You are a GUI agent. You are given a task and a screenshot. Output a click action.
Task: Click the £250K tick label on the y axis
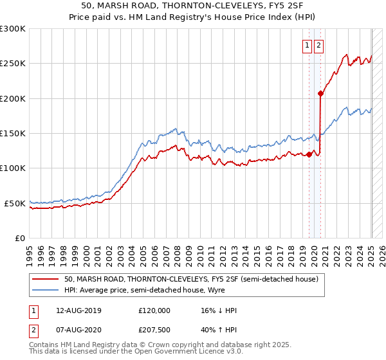click(13, 64)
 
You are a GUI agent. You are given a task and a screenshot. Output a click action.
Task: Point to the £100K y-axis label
click(13, 168)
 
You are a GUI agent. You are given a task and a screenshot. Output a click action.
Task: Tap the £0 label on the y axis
click(20, 238)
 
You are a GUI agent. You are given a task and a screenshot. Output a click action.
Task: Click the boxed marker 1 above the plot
click(308, 45)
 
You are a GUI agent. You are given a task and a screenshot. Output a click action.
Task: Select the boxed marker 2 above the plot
click(319, 45)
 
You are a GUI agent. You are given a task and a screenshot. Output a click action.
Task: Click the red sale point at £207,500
click(320, 93)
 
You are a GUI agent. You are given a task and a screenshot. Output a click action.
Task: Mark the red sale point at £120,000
click(309, 154)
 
